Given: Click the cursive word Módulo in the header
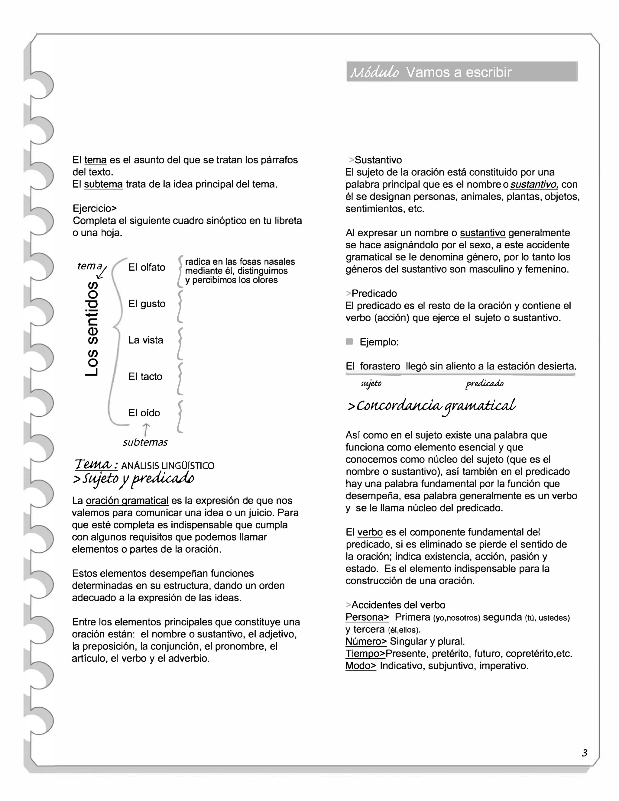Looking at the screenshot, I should tap(374, 72).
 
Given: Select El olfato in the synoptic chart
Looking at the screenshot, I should tap(147, 267).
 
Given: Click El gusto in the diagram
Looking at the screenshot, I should tap(147, 304).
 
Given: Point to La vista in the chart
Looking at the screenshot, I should tap(146, 340).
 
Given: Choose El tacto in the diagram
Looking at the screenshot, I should tap(145, 376).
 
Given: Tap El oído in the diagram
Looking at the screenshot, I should tap(144, 413).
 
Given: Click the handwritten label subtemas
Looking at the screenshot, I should tap(145, 442).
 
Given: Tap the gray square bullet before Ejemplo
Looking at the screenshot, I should tap(349, 342).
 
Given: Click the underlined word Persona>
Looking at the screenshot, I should tap(367, 617).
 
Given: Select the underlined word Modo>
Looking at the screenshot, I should tap(361, 666).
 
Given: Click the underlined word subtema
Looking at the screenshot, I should tap(103, 184).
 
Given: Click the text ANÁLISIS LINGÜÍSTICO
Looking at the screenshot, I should tap(168, 466).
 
